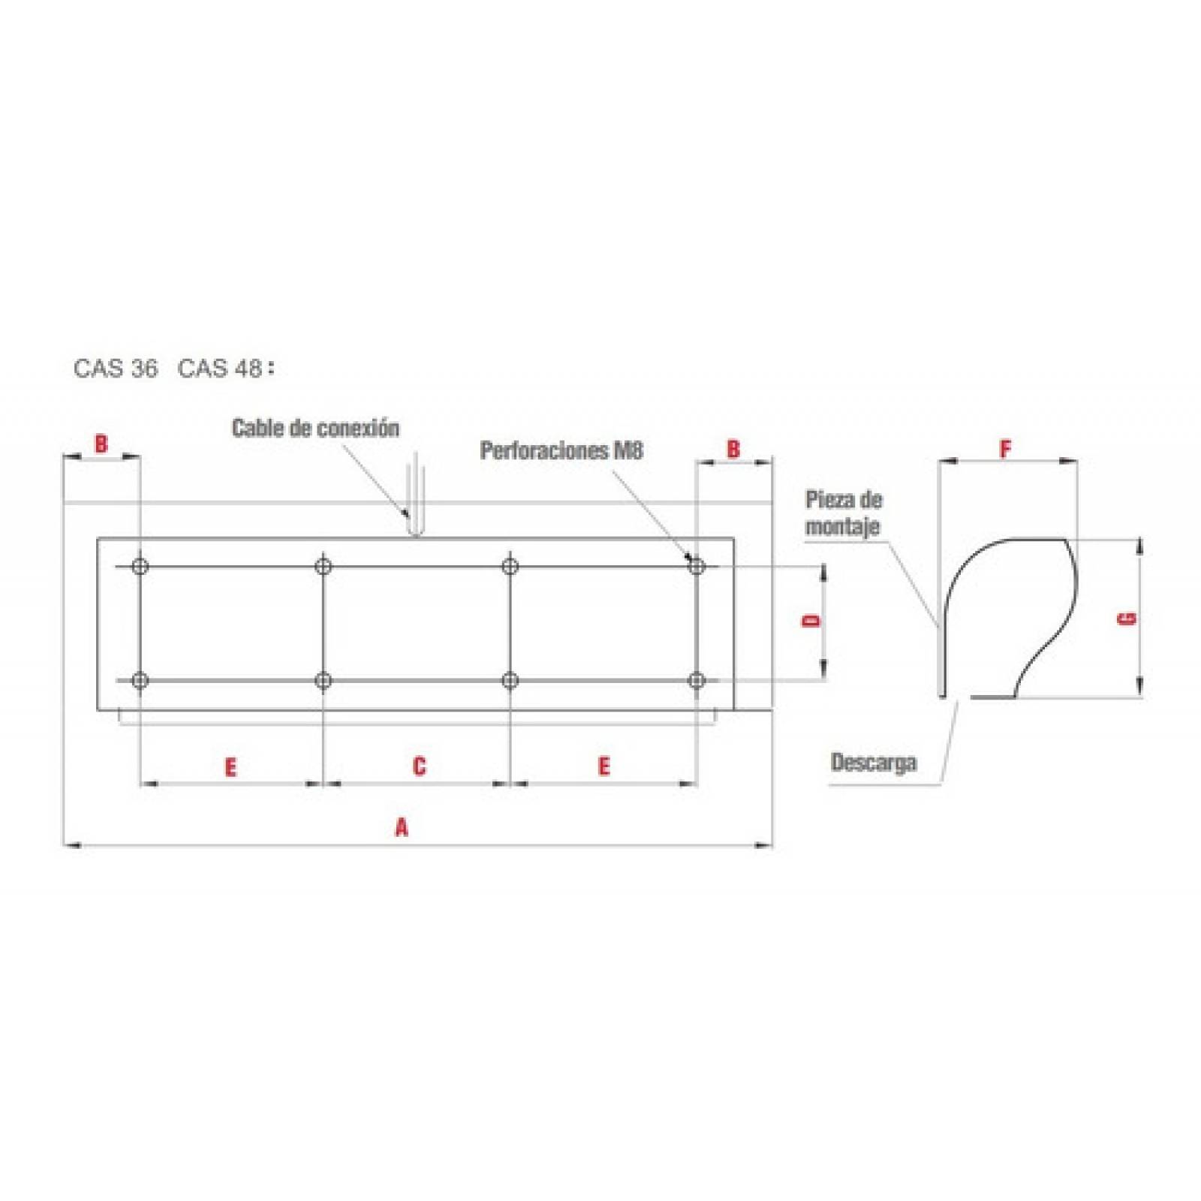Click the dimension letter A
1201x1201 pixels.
click(x=402, y=827)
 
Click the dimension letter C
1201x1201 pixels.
click(x=419, y=766)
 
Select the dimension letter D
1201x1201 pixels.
click(x=811, y=621)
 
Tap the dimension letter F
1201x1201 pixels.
click(x=1005, y=449)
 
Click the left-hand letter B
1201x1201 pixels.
click(x=101, y=444)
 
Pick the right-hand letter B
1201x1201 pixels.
click(x=733, y=449)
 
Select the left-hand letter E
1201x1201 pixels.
click(x=230, y=767)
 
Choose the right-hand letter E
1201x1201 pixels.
click(x=604, y=766)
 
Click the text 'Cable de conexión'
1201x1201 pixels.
click(x=315, y=428)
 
